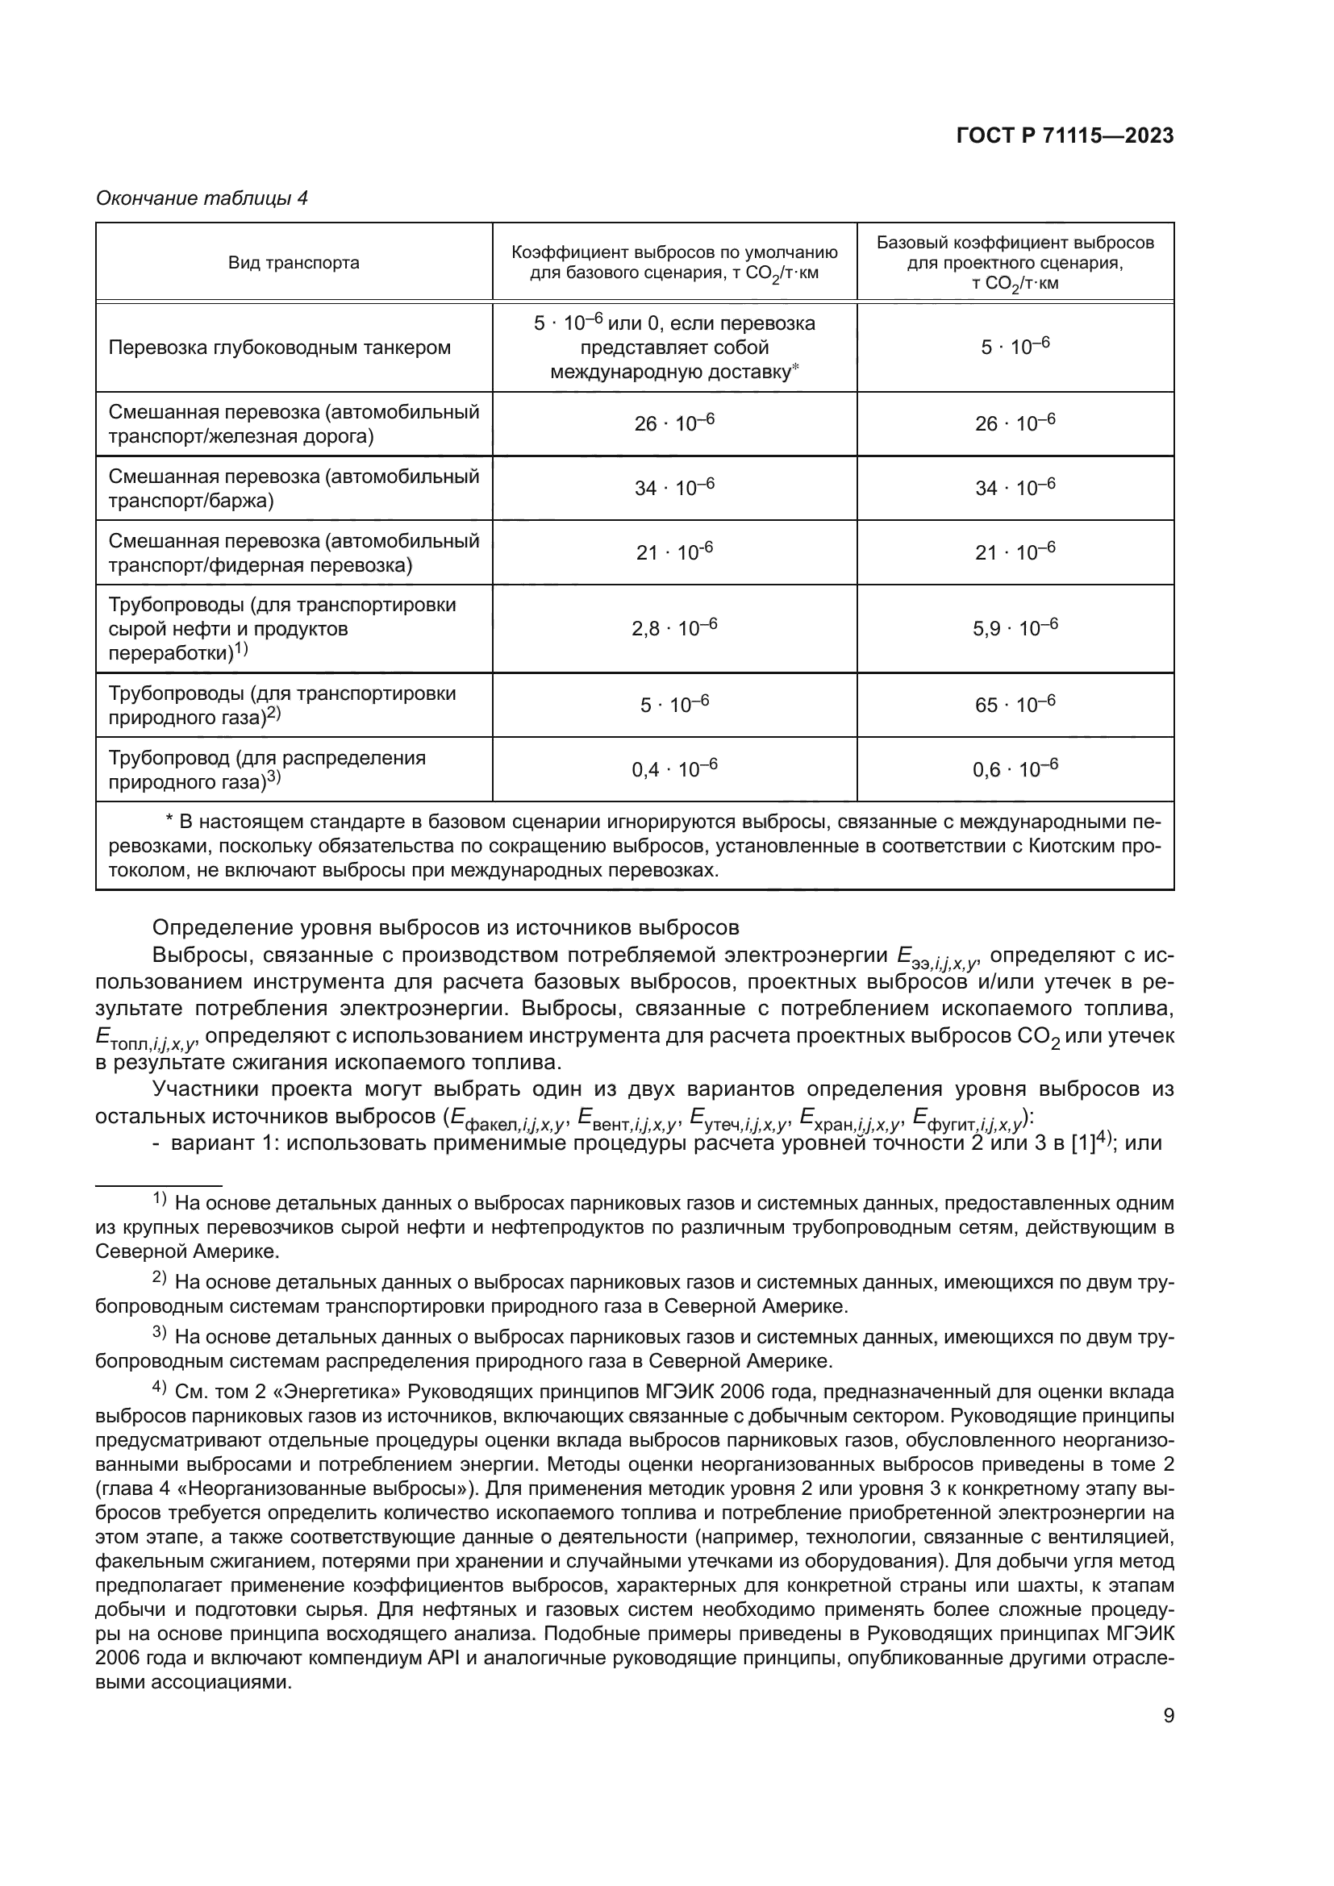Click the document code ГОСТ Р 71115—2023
point(1065,136)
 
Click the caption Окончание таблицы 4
point(202,198)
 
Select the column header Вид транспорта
point(294,263)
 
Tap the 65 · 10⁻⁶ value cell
point(1015,705)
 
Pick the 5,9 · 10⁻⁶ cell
point(1015,628)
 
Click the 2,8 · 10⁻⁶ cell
point(674,628)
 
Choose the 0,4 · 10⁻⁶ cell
point(674,769)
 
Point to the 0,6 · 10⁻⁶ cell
point(1015,769)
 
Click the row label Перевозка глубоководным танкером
point(279,348)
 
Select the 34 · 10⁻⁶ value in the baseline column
point(674,487)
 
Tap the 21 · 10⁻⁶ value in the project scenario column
point(1015,552)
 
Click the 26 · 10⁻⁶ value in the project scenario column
point(1015,423)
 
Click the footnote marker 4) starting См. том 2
point(160,1388)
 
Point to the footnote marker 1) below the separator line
point(160,1200)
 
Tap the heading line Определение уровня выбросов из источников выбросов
point(446,928)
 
